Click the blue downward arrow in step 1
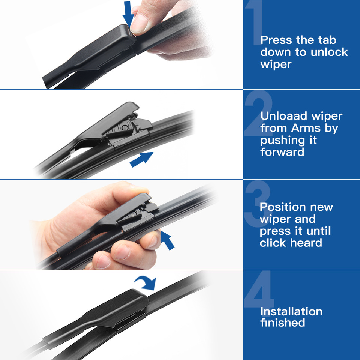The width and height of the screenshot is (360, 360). click(x=128, y=14)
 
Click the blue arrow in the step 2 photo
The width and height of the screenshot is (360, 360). click(x=142, y=159)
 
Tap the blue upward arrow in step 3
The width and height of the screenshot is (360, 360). click(x=167, y=240)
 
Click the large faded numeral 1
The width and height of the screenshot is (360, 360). click(x=254, y=22)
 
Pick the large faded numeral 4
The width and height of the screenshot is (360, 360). click(x=259, y=290)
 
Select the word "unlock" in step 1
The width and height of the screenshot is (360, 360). click(x=329, y=52)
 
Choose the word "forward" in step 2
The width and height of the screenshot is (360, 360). click(x=282, y=152)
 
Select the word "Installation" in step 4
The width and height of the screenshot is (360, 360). click(x=291, y=312)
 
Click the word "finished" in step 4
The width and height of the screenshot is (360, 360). click(x=283, y=322)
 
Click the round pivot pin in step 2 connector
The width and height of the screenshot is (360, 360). click(x=124, y=127)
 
